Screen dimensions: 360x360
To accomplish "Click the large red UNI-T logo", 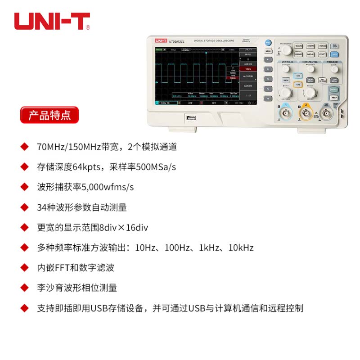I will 52,21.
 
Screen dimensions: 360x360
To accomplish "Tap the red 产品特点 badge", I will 49,115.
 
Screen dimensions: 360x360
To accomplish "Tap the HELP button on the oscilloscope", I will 333,97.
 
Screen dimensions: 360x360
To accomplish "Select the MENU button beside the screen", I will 268,51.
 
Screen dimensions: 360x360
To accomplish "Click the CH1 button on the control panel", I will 297,76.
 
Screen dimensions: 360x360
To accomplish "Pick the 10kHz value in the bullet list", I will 241,247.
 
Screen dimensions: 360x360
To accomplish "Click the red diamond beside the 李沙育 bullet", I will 24,288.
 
